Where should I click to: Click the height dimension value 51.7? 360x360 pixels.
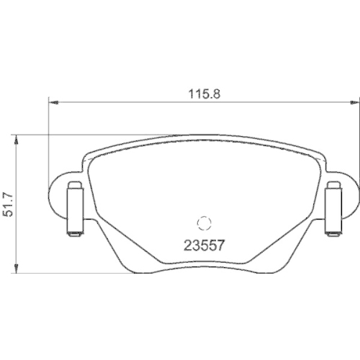tap(10, 204)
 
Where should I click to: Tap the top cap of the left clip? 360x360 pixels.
tap(73, 186)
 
